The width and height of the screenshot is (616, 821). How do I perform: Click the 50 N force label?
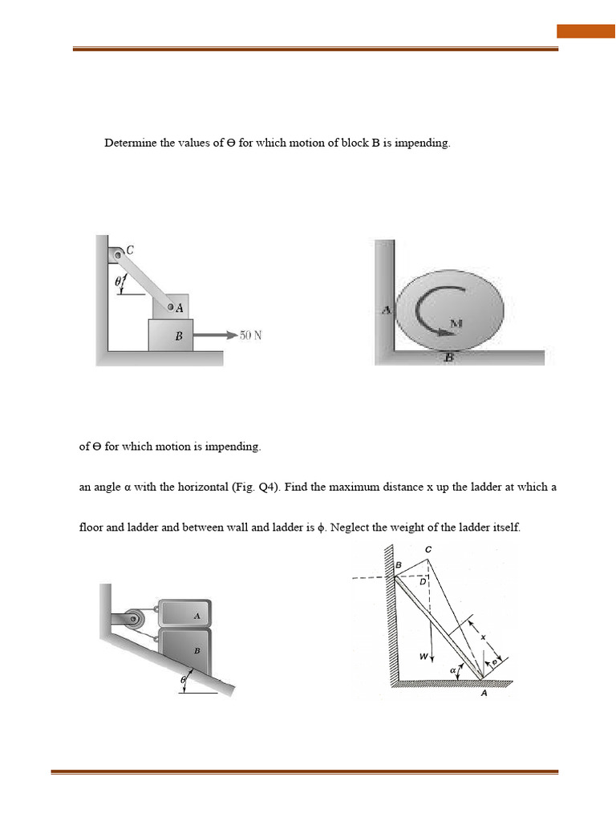[x=250, y=335]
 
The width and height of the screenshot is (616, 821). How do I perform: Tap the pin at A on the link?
[x=171, y=306]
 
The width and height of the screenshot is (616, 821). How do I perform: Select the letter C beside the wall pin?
[x=130, y=249]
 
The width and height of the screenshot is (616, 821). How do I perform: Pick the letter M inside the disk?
[x=455, y=322]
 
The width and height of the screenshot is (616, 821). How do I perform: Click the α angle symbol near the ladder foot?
[x=453, y=669]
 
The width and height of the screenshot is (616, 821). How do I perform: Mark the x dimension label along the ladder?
[x=484, y=637]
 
